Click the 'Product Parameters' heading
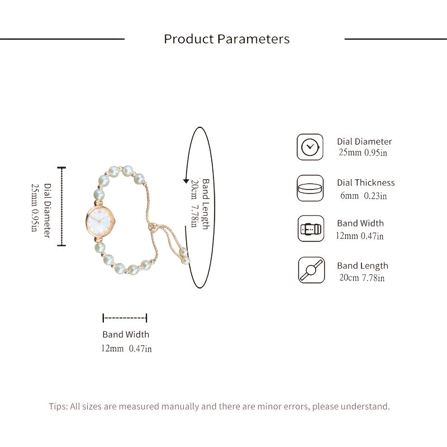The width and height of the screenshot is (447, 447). click(x=227, y=39)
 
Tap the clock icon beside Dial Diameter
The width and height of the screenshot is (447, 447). click(x=310, y=147)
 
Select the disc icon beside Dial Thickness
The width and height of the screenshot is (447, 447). click(x=310, y=188)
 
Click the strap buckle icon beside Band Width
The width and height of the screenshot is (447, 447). click(x=311, y=229)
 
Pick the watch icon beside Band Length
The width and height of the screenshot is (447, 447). click(x=311, y=270)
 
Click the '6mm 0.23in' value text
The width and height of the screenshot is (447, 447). click(x=364, y=196)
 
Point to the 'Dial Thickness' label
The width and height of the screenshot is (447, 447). click(x=366, y=183)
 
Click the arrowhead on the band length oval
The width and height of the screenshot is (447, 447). click(x=186, y=181)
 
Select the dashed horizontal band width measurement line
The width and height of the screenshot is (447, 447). click(x=125, y=318)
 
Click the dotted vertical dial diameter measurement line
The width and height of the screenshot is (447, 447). click(x=61, y=206)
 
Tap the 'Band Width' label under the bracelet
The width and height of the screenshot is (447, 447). click(x=126, y=334)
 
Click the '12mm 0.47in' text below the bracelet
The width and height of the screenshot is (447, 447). click(x=127, y=348)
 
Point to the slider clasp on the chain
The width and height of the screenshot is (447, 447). click(x=153, y=227)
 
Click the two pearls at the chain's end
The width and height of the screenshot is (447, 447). click(x=184, y=256)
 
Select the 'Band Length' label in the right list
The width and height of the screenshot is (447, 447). click(x=363, y=266)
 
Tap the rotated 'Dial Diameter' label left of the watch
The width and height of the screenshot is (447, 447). click(x=47, y=211)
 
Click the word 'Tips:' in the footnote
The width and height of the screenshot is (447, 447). click(x=59, y=406)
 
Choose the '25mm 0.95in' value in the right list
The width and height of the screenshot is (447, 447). click(x=363, y=153)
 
